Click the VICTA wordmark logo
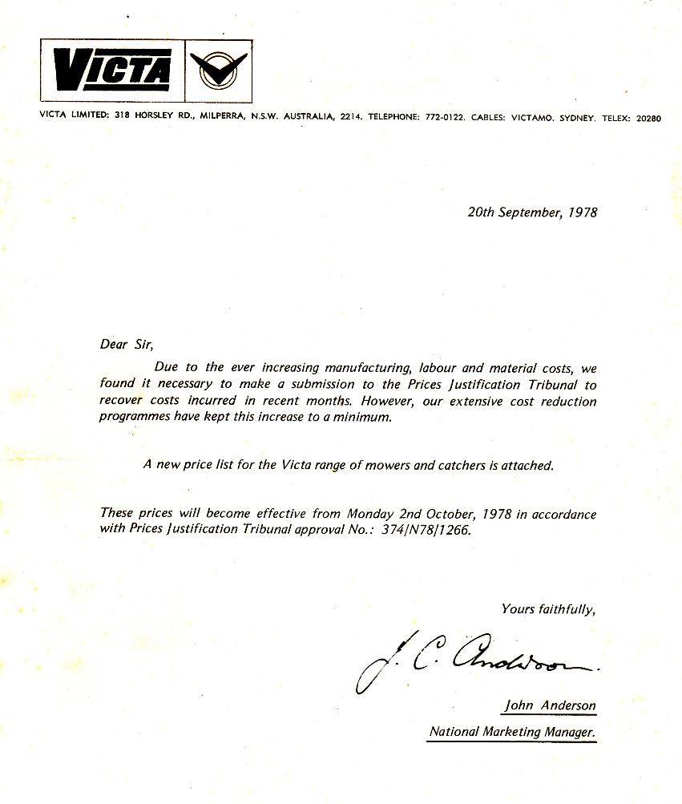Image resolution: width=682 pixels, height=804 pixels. click(112, 71)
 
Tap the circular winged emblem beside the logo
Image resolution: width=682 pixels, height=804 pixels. click(218, 71)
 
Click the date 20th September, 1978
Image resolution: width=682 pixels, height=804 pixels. click(532, 212)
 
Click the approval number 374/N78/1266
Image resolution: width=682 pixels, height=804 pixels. click(426, 529)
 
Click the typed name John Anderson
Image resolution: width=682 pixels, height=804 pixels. click(550, 706)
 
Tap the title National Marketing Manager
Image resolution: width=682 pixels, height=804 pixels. click(512, 731)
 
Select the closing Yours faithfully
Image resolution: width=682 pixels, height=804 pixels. click(549, 608)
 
